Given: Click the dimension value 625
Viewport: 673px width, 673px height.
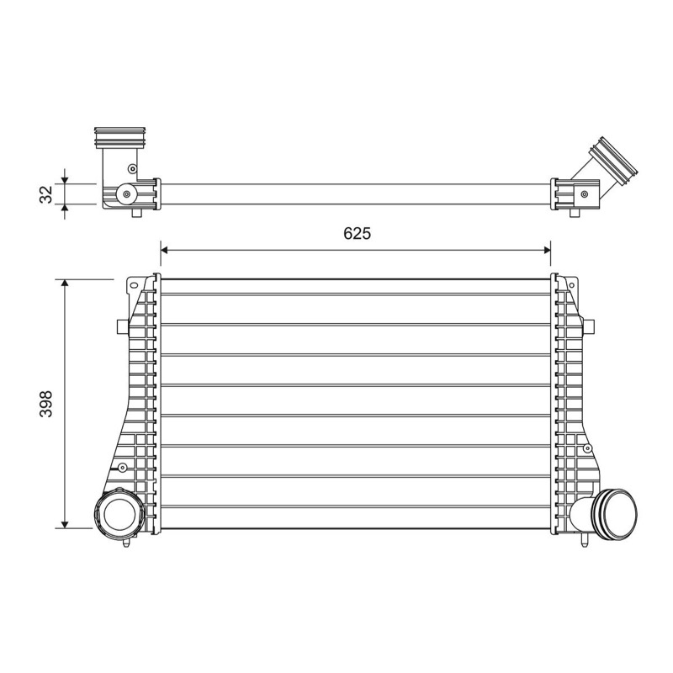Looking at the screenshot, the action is [x=357, y=233].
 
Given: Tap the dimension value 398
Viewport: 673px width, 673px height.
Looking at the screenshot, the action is [x=46, y=404].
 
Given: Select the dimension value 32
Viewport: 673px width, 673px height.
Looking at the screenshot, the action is [x=46, y=194].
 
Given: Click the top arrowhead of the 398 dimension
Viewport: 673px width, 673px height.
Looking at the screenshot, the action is [x=65, y=284].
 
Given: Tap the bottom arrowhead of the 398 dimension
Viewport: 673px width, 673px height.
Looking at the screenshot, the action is [x=65, y=524].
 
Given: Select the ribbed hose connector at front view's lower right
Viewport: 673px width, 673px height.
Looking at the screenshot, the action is [x=614, y=513].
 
